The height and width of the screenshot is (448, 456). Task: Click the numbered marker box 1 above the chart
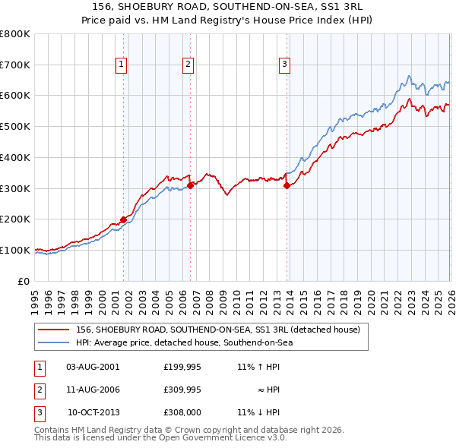[122, 65]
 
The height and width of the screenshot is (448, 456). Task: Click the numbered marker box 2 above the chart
[188, 65]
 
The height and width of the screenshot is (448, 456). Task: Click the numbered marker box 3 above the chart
[284, 65]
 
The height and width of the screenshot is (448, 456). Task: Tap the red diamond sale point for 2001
[123, 219]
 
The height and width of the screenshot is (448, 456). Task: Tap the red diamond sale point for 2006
[190, 185]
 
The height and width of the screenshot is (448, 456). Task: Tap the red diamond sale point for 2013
[287, 185]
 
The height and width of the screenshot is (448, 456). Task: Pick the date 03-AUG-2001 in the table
[93, 367]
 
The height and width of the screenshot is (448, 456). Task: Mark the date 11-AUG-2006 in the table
[93, 390]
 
